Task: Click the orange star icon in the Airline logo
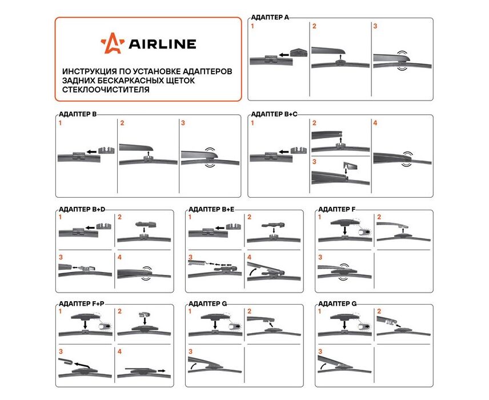click(x=113, y=43)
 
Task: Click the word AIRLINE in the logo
click(x=162, y=45)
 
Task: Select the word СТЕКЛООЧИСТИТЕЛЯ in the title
click(x=106, y=90)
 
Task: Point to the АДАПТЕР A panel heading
click(x=270, y=18)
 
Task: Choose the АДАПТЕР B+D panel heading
click(x=82, y=209)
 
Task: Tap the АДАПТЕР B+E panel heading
click(x=211, y=209)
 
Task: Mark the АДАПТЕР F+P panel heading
click(x=81, y=304)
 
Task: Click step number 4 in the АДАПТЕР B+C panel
click(x=375, y=123)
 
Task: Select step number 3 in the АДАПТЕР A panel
click(x=375, y=26)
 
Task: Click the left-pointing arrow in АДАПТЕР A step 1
click(x=283, y=55)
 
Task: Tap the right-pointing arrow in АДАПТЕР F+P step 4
click(x=162, y=371)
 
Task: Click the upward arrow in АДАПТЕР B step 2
click(x=149, y=153)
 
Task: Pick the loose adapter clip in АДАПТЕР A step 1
click(x=299, y=53)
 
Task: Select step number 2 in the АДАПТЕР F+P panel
click(x=120, y=311)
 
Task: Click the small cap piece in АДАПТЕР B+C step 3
click(x=350, y=166)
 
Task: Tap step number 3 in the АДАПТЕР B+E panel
click(x=190, y=258)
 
